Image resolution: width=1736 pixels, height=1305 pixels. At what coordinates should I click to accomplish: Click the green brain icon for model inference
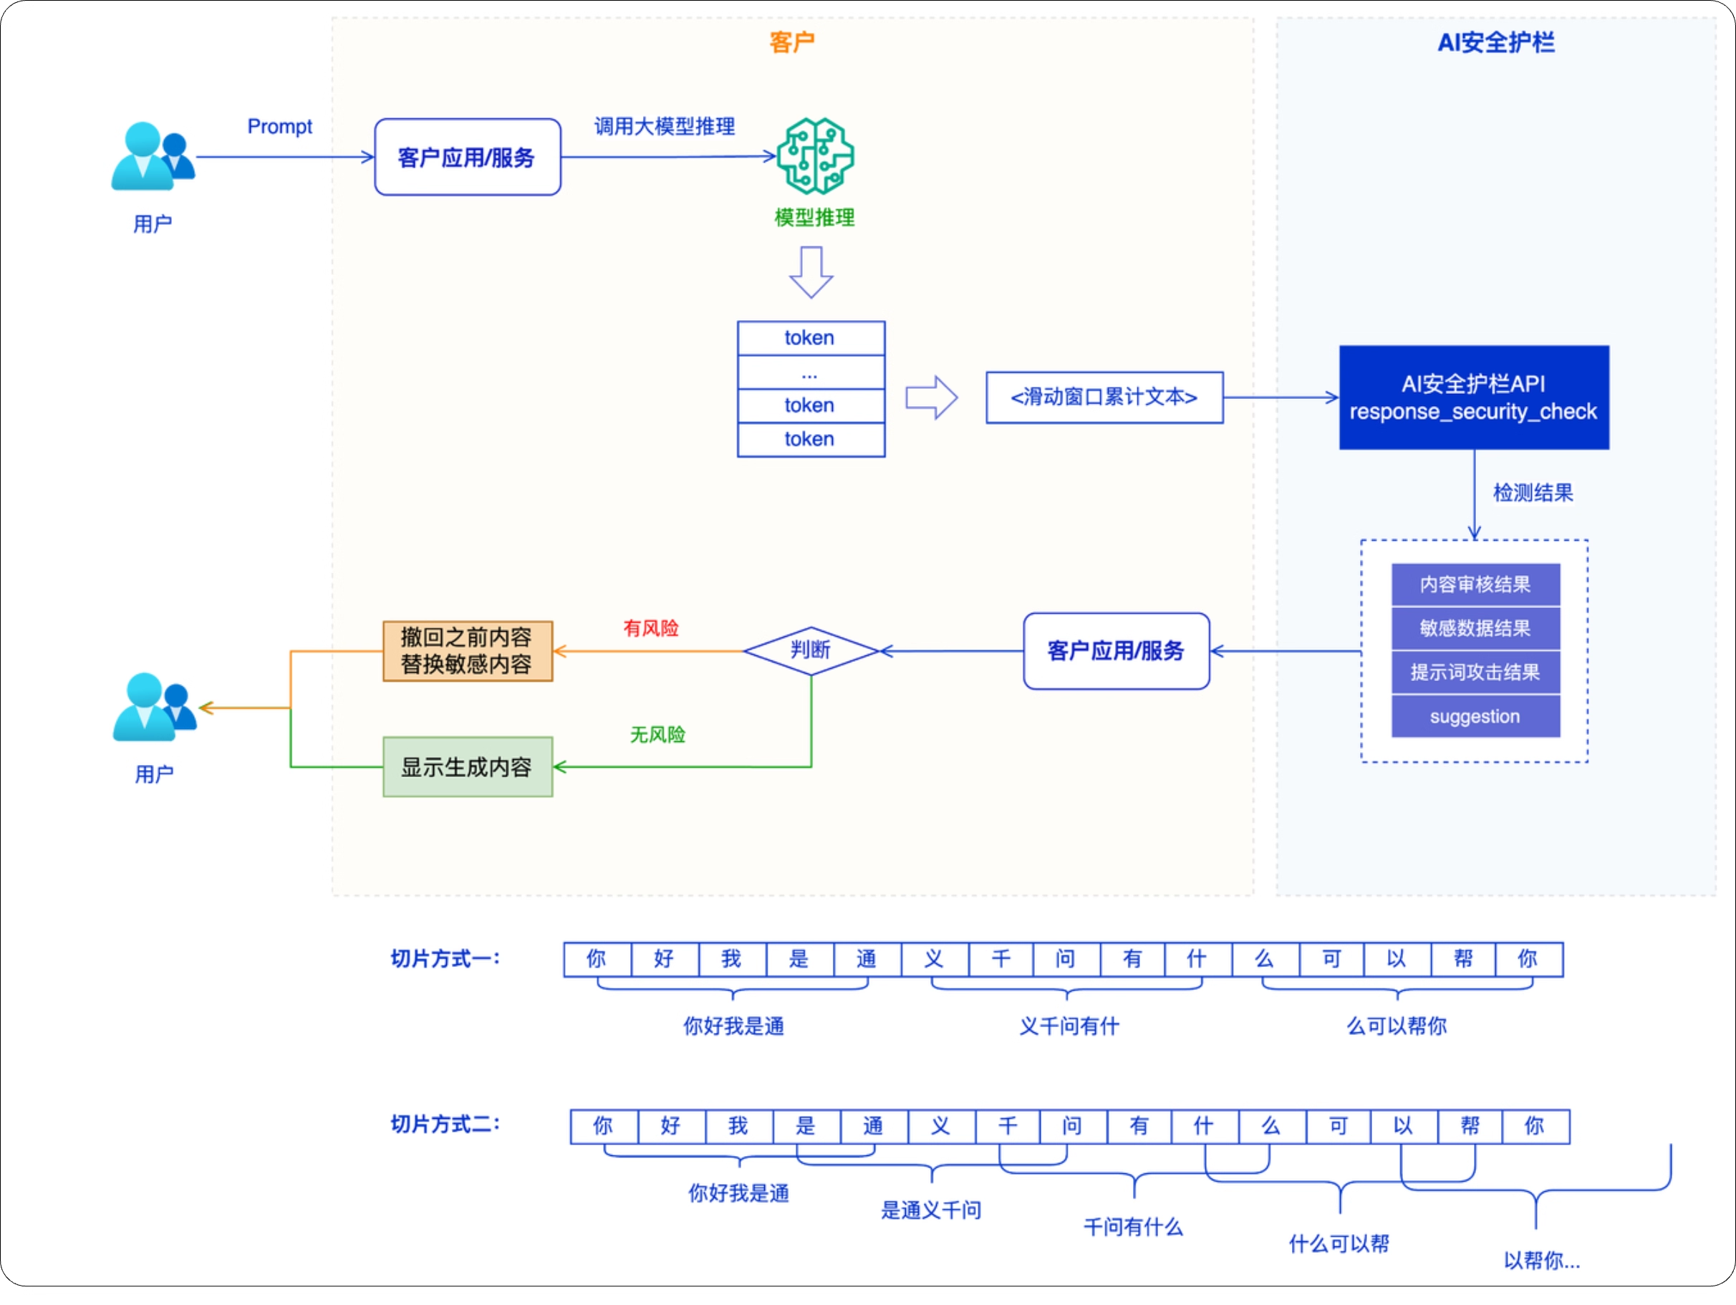pos(814,156)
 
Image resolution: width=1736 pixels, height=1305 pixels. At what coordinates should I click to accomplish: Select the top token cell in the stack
pos(810,338)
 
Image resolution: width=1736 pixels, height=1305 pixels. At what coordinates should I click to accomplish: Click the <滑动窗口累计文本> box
pos(1104,397)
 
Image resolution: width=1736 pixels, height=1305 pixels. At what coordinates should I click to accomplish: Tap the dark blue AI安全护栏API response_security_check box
pos(1473,397)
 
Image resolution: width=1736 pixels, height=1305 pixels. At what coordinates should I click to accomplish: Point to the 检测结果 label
pos(1532,493)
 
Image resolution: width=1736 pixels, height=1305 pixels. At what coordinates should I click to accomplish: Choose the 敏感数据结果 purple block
pos(1475,627)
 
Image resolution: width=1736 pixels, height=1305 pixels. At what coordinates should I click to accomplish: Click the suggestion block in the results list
pos(1475,716)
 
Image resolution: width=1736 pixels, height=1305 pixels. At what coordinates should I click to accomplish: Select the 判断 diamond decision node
pos(810,650)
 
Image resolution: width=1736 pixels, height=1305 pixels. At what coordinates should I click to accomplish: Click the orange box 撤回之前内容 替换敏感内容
pos(467,650)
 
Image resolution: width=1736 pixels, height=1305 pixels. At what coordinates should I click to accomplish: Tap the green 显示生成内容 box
pos(467,766)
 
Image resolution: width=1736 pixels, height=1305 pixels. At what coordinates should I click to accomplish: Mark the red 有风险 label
pos(650,627)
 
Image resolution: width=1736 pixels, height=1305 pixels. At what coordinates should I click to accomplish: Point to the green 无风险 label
pos(657,734)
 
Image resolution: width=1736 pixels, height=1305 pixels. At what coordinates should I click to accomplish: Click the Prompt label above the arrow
pos(279,126)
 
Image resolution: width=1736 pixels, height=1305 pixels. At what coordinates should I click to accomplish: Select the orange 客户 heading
pos(791,42)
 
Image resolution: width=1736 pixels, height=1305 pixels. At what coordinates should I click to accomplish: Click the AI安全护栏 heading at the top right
pos(1495,42)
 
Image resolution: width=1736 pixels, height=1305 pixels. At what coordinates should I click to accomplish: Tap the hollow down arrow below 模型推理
pos(811,272)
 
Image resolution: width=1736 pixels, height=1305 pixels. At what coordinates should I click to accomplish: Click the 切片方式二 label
pos(445,1124)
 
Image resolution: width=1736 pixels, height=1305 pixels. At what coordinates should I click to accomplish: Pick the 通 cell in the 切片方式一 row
pos(866,959)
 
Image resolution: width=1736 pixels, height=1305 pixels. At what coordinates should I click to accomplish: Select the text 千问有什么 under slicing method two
pos(1132,1226)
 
